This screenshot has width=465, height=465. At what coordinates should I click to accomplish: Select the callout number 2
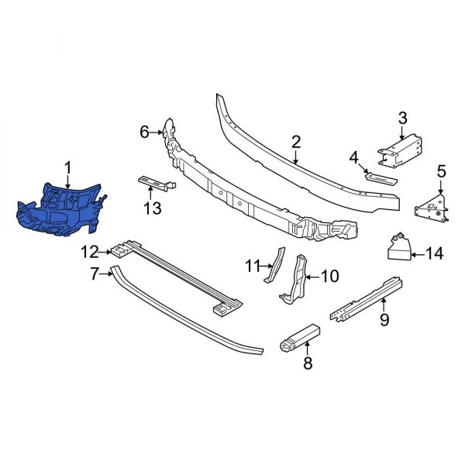(295, 142)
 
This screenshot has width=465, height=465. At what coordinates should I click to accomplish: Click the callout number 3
(401, 118)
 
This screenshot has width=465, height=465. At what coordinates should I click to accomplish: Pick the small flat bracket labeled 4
(380, 177)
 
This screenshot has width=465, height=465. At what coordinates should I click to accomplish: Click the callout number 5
(441, 171)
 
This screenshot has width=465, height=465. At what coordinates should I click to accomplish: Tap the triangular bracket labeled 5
(431, 206)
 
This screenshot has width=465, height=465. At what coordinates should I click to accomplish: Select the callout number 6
(144, 133)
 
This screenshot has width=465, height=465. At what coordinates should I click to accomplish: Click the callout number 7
(95, 273)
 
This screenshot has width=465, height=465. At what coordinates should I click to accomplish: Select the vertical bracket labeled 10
(298, 279)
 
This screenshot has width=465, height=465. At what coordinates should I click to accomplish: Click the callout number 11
(251, 266)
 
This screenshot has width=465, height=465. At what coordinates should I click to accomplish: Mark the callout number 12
(91, 250)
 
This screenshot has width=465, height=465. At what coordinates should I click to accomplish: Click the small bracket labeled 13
(155, 184)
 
